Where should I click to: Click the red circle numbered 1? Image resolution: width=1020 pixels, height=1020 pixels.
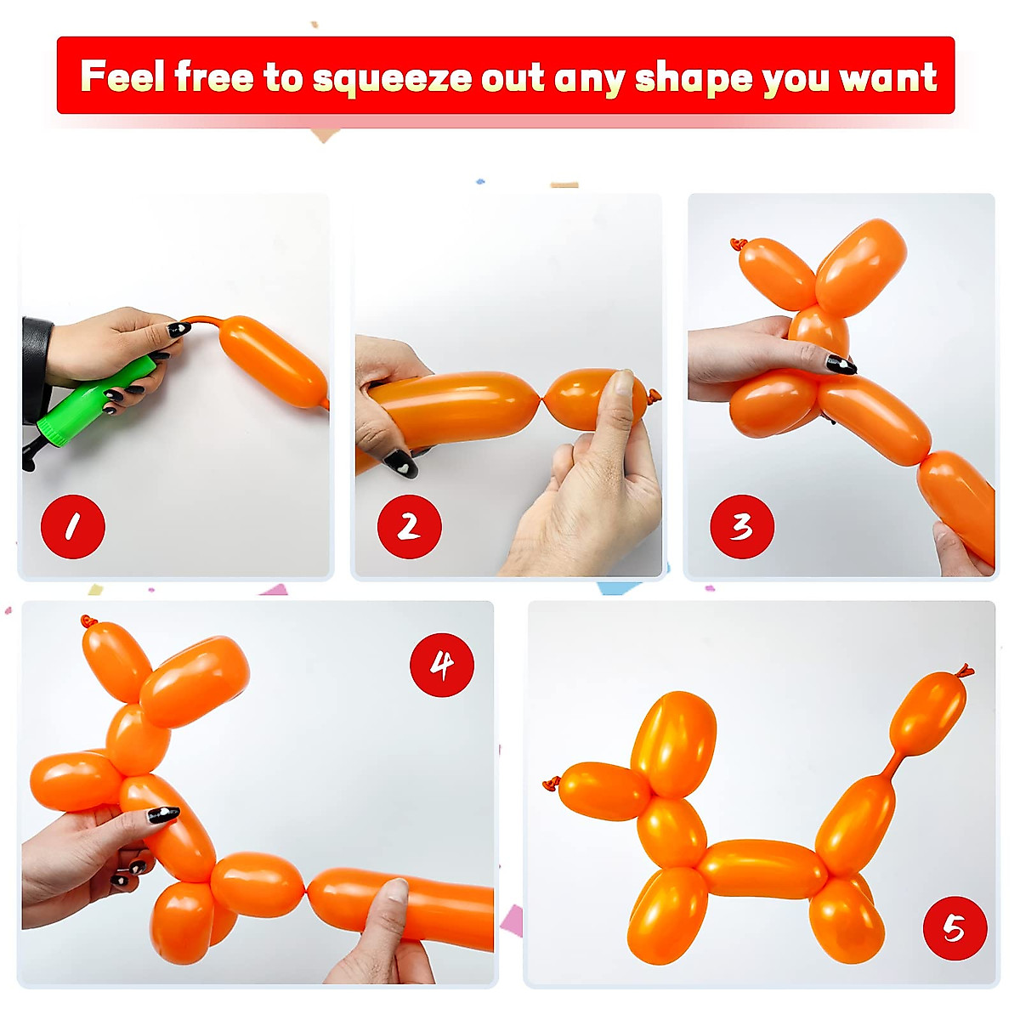pos(73,527)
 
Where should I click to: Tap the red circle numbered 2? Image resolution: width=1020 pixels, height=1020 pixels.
pos(409,527)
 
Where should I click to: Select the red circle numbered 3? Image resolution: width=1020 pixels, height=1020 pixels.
pos(742,527)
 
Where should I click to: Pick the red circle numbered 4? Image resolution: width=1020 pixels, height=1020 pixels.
pos(441,664)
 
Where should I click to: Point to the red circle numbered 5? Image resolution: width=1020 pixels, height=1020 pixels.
pos(955,928)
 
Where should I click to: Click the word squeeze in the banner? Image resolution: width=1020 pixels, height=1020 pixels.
pos(392,78)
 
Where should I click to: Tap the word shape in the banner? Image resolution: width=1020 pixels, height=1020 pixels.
pos(694,78)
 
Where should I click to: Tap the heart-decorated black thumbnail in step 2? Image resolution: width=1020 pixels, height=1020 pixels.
pos(399,464)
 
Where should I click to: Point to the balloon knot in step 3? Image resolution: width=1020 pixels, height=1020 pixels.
pos(736,245)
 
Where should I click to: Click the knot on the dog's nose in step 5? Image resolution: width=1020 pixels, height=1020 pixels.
pos(552,783)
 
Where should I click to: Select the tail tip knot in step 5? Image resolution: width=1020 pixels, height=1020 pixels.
pos(964,671)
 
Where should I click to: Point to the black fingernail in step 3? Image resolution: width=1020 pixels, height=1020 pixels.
pos(840,365)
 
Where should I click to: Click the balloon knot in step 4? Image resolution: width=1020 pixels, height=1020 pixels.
pos(88,622)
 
